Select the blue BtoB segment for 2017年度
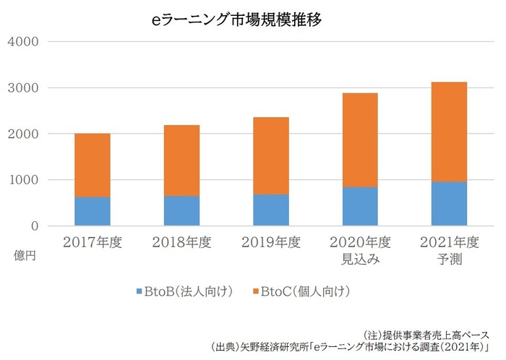click(x=93, y=211)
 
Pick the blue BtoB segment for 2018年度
click(x=182, y=210)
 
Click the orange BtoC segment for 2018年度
click(x=182, y=160)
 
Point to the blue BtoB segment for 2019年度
click(x=271, y=210)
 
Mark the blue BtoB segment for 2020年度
click(x=360, y=206)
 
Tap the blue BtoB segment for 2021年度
click(x=449, y=203)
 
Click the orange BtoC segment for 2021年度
click(x=449, y=132)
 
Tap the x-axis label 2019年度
click(x=271, y=241)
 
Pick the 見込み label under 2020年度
click(x=360, y=257)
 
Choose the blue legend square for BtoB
click(x=139, y=292)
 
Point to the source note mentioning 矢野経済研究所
click(x=351, y=346)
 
